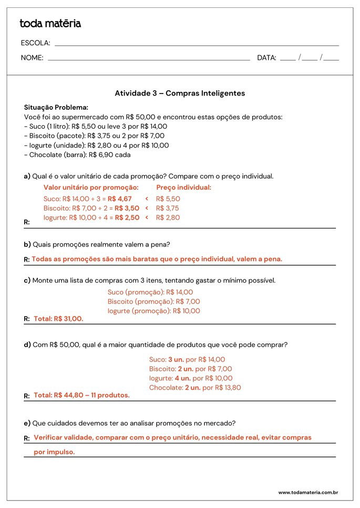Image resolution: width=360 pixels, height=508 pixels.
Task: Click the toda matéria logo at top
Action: [x=50, y=24]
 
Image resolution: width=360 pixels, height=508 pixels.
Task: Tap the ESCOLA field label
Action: [x=36, y=43]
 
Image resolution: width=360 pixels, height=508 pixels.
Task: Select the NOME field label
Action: [x=32, y=58]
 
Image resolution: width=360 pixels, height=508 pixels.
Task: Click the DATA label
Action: [x=266, y=58]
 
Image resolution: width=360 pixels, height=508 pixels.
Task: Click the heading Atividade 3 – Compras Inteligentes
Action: [x=180, y=93]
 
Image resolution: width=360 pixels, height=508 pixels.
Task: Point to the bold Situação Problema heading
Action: [x=56, y=107]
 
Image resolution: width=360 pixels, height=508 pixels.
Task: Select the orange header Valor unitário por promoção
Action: [x=91, y=188]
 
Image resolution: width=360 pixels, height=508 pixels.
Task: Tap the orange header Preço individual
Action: [x=183, y=188]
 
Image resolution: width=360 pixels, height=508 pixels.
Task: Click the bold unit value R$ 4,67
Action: [x=120, y=199]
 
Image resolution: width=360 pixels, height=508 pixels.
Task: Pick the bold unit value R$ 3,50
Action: [x=127, y=209]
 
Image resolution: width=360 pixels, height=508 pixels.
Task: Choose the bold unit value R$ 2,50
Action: [x=127, y=217]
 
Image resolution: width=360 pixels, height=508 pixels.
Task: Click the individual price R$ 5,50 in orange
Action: [x=168, y=199]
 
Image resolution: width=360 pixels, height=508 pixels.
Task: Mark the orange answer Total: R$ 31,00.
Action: [x=58, y=318]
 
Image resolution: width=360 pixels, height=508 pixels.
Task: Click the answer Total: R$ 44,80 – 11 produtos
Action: [x=81, y=395]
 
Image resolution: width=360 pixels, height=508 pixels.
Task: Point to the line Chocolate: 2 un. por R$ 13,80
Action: [x=195, y=388]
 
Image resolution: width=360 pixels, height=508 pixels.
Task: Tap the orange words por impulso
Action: [x=54, y=452]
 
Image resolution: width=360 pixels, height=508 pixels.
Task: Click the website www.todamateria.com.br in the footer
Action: [x=307, y=493]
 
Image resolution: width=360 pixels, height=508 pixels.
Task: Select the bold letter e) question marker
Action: [x=27, y=423]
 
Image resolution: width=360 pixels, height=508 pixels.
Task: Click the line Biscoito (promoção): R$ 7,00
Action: [x=153, y=302]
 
